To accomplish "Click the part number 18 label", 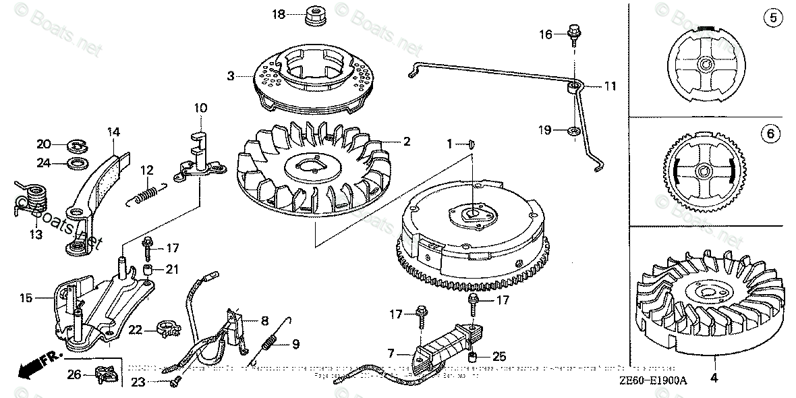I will click(279, 14).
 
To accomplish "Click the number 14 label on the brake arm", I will click(112, 132).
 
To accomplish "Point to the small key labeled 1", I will click(471, 143).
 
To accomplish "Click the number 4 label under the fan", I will click(714, 378).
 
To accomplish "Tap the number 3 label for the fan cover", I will click(230, 76).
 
